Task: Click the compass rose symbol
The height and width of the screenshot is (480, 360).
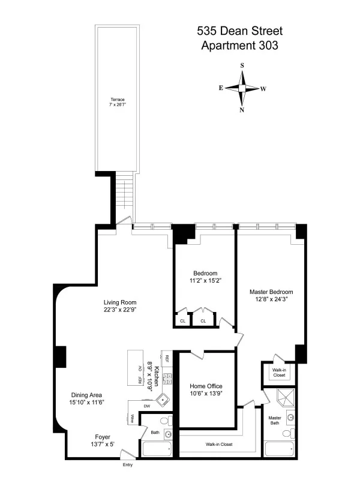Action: click(x=242, y=88)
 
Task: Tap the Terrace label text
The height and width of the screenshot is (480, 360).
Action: click(x=117, y=100)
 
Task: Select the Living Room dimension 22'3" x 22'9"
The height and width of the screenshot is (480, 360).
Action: click(x=120, y=310)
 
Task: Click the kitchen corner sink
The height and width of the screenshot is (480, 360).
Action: click(x=160, y=401)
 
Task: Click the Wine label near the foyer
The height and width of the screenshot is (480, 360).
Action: click(x=131, y=419)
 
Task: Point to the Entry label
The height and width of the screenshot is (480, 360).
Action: click(x=127, y=466)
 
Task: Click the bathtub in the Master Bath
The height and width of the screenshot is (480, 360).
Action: click(x=281, y=449)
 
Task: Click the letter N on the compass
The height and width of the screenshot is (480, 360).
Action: click(x=242, y=110)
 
